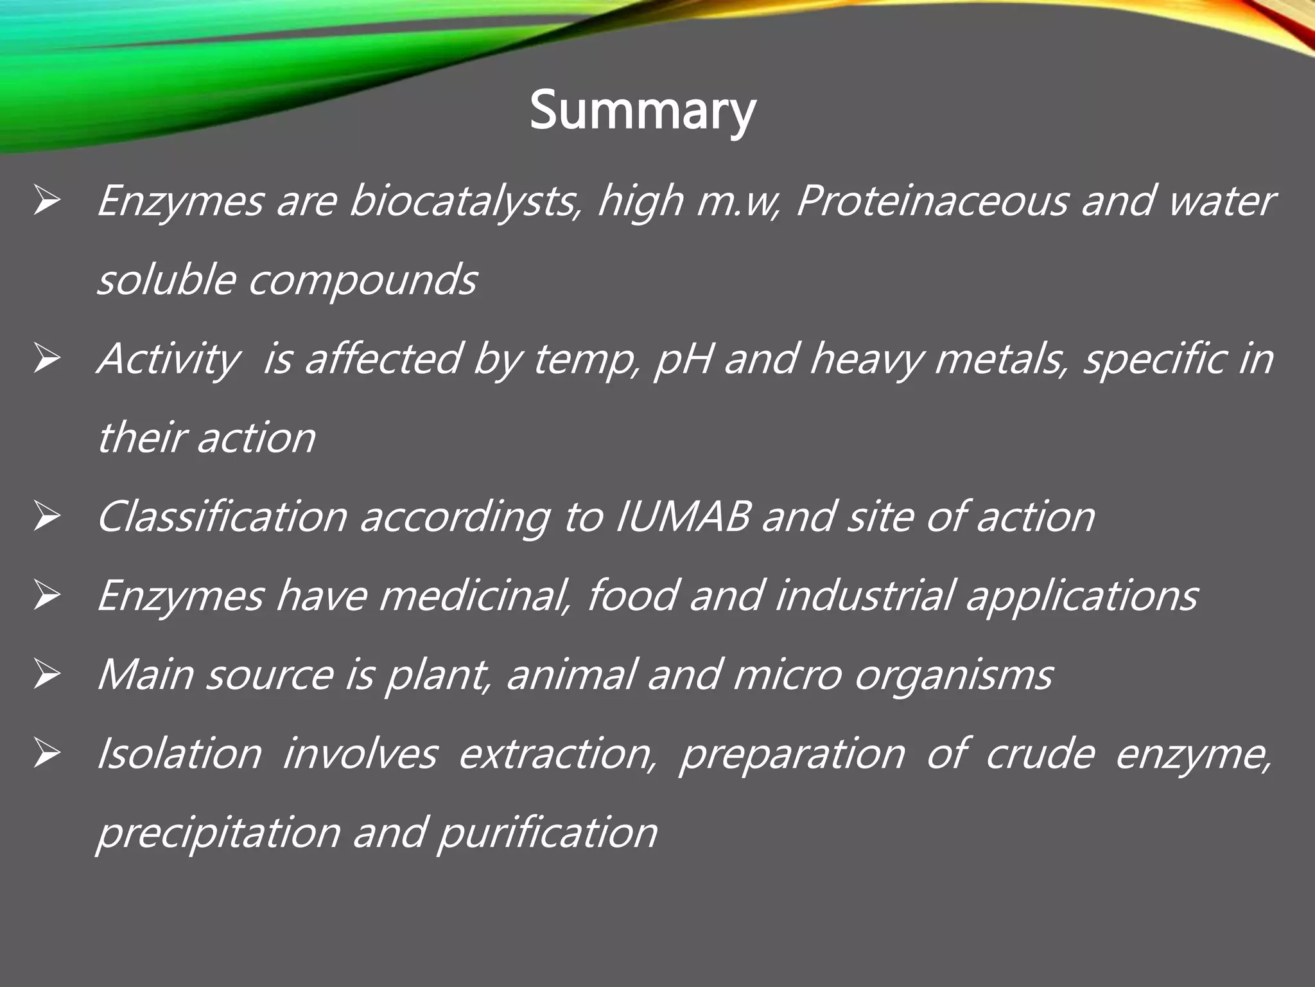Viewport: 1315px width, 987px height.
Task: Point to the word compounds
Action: (x=363, y=281)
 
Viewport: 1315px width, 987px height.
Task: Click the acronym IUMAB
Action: (x=682, y=517)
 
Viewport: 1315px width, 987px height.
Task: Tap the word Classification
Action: (x=222, y=517)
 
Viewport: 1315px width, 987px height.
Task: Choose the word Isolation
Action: (x=179, y=754)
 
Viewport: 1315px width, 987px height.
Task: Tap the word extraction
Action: (x=558, y=754)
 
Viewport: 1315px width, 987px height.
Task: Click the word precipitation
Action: (x=218, y=833)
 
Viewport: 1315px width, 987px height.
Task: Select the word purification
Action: (x=548, y=833)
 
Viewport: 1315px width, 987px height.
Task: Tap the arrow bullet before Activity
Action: (x=47, y=360)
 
